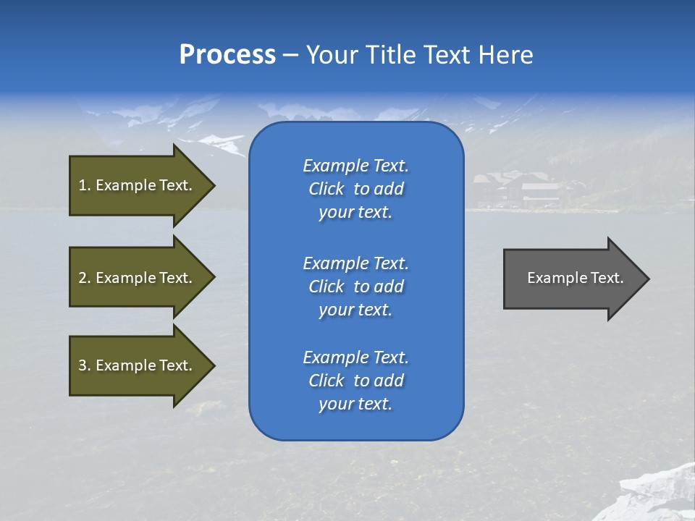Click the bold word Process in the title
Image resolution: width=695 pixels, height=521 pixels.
(x=227, y=55)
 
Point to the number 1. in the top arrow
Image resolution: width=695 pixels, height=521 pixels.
(x=84, y=185)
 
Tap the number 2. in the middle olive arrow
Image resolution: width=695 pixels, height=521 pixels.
(x=84, y=278)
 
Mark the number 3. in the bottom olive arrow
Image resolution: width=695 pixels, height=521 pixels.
(x=84, y=365)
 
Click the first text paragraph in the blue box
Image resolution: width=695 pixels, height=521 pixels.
(x=355, y=189)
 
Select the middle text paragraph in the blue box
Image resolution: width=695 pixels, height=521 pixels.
(x=355, y=286)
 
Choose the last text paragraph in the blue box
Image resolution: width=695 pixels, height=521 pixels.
(x=355, y=381)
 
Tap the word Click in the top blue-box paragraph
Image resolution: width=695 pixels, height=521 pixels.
(x=326, y=189)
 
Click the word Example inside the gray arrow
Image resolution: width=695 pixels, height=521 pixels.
(x=552, y=278)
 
